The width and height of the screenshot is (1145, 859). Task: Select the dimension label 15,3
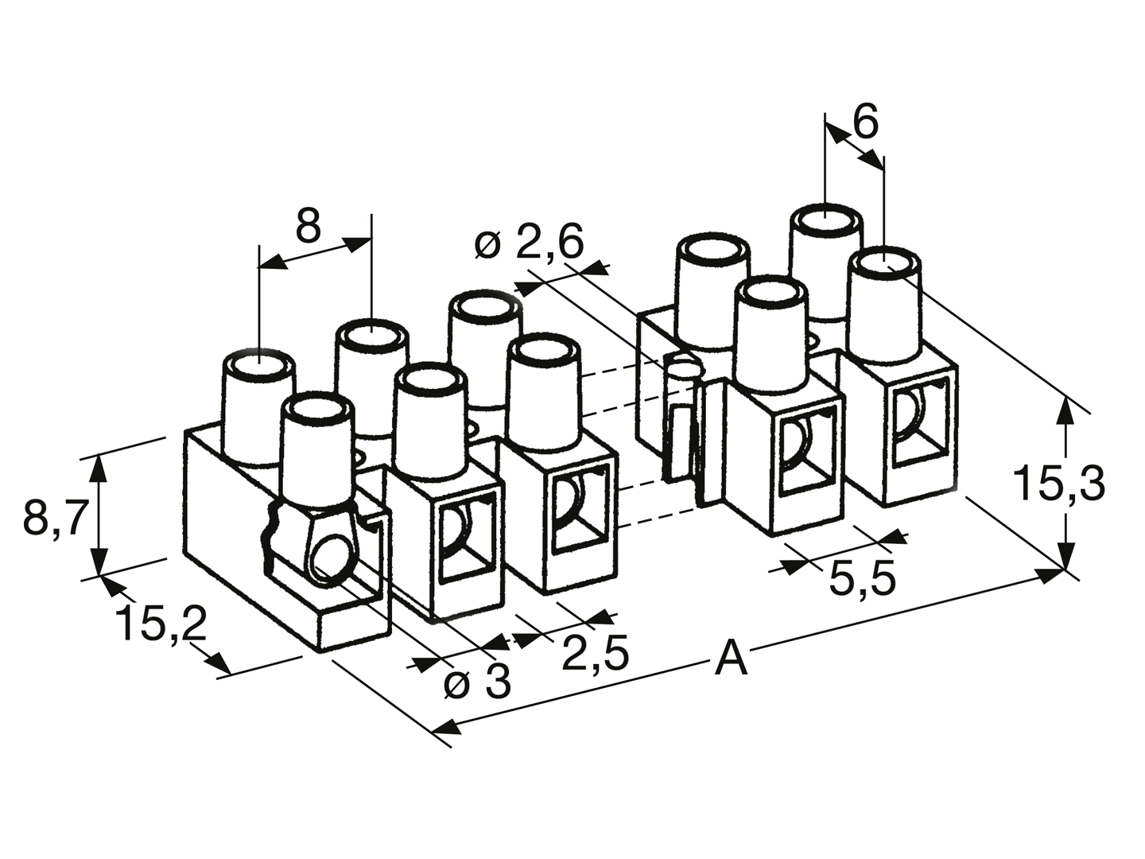pyautogui.click(x=1059, y=484)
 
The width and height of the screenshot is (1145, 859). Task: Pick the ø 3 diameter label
pyautogui.click(x=477, y=682)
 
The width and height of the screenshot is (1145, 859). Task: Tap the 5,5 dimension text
pyautogui.click(x=862, y=579)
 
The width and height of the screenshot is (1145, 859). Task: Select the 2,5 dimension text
pyautogui.click(x=596, y=653)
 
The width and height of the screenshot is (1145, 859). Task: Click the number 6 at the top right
pyautogui.click(x=866, y=122)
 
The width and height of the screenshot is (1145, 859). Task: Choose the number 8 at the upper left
pyautogui.click(x=308, y=226)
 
